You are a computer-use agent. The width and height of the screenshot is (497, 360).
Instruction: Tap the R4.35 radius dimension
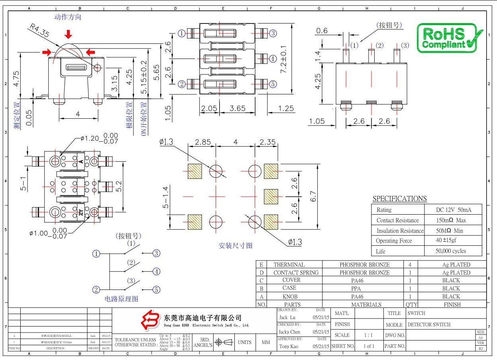point(39,31)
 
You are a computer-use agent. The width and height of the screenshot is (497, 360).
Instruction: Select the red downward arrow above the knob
point(69,34)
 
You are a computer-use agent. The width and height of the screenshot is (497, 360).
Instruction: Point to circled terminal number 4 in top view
point(273,59)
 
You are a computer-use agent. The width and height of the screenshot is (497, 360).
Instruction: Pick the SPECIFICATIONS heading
point(399,198)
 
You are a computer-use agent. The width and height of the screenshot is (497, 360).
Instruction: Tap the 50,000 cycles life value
point(451,251)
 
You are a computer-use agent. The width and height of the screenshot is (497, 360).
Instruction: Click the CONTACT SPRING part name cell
point(296,273)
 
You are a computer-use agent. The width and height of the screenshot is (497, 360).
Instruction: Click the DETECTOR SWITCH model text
point(429,325)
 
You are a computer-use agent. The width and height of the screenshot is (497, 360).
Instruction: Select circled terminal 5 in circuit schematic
point(157,290)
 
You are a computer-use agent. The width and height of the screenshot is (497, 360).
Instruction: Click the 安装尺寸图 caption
point(236,245)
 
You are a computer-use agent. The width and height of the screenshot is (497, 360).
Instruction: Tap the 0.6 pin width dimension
point(322,31)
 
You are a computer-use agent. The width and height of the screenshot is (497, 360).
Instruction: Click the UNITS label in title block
point(244,342)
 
